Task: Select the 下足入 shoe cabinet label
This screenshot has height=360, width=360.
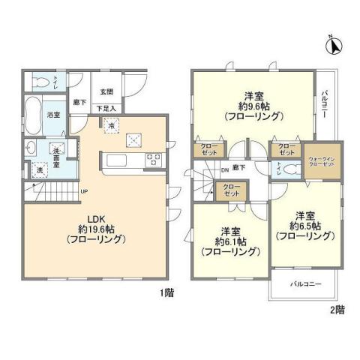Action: (106, 109)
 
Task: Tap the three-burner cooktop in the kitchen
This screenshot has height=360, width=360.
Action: (153, 158)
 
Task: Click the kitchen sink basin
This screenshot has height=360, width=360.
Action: (118, 159)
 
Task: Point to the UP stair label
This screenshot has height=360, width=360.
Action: (85, 190)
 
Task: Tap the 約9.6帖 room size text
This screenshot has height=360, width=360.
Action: (252, 106)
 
